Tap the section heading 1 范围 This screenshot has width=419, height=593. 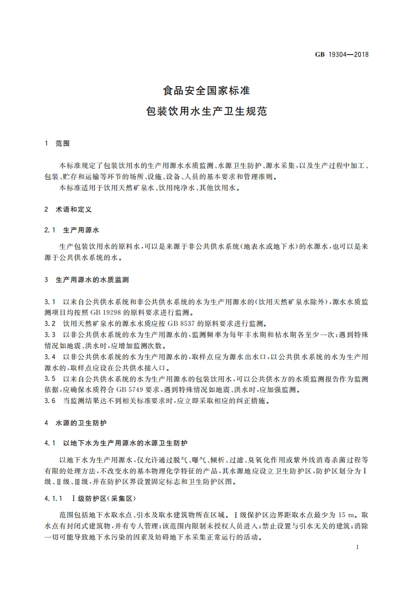coord(58,143)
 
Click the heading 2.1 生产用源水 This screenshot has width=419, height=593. coord(73,230)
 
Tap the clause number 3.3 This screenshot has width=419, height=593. coord(51,335)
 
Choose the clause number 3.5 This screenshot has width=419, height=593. coord(51,379)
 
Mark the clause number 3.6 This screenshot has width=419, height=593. coord(51,401)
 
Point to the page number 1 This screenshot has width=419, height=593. coord(358,549)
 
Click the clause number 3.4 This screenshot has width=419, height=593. coord(51,357)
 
